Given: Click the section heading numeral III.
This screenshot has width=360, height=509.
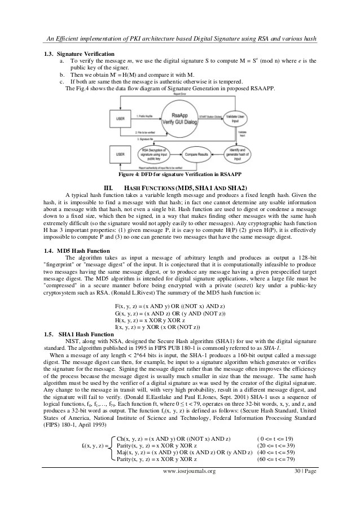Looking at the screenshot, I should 109,187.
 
